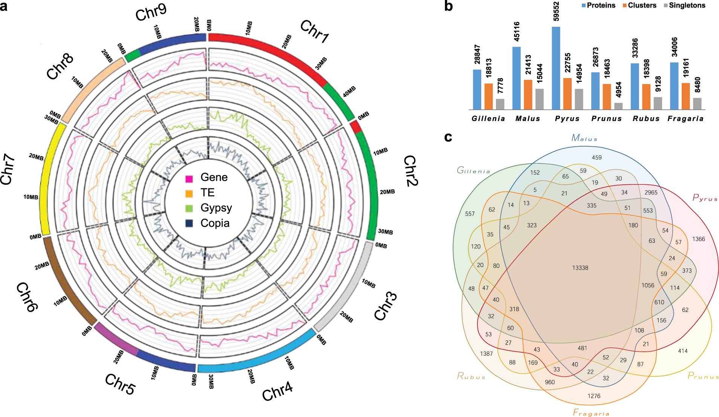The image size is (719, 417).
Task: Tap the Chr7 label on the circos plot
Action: [8, 169]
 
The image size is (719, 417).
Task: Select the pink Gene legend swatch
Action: [189, 178]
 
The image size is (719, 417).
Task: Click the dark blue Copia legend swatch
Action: [189, 224]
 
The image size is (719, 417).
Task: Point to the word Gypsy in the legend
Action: [216, 208]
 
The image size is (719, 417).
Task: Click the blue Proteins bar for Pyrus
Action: [556, 68]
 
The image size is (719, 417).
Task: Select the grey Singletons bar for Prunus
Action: [618, 106]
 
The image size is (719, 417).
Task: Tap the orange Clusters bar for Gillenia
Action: [489, 97]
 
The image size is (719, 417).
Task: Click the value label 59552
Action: [556, 11]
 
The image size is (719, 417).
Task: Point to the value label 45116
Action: [517, 31]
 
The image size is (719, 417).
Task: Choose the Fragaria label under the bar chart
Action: [685, 119]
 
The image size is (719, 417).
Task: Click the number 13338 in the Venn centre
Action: [580, 268]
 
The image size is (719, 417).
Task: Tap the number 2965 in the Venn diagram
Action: [651, 192]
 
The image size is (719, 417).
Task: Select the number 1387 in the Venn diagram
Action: [486, 354]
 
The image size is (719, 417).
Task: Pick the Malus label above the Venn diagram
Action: [584, 138]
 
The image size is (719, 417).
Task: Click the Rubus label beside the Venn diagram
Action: [471, 376]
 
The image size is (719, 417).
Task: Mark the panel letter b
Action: [448, 6]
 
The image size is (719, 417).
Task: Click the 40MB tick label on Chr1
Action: [349, 92]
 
